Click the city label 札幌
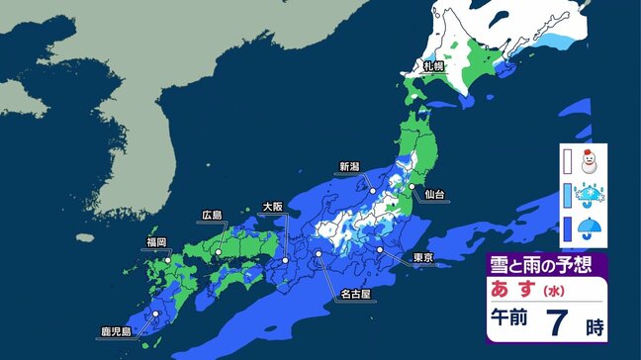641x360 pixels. (x=432, y=67)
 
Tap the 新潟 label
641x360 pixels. (x=349, y=166)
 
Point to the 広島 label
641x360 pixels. (x=212, y=215)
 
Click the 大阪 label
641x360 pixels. (x=272, y=207)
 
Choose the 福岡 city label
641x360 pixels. (x=155, y=241)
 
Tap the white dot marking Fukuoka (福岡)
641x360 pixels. (x=168, y=259)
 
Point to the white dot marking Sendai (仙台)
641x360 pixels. (x=412, y=186)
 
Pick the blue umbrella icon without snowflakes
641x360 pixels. (x=591, y=231)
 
